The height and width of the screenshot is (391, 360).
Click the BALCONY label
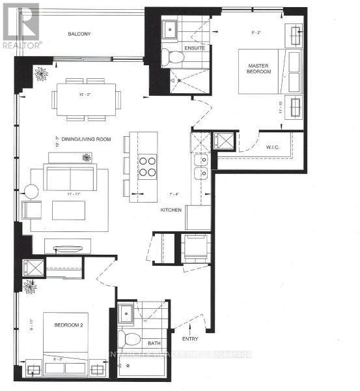tap(82, 34)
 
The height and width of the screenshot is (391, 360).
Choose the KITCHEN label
tap(171, 210)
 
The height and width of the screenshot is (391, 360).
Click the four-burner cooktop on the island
tap(147, 166)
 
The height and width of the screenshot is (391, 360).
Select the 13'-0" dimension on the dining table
tap(85, 94)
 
